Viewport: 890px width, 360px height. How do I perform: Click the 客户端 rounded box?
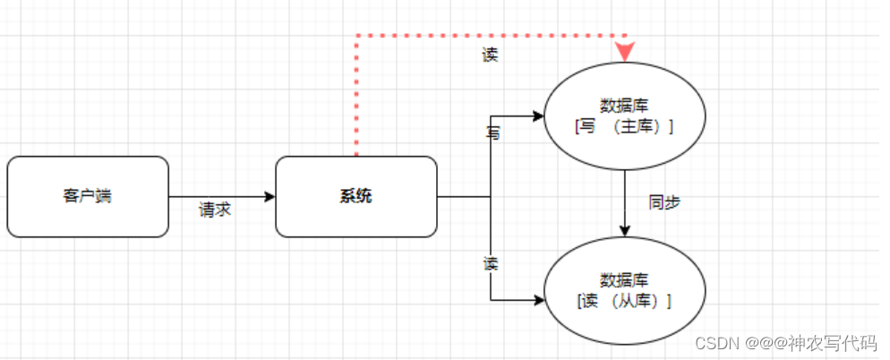(x=88, y=196)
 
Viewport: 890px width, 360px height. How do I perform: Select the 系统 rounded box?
(x=355, y=196)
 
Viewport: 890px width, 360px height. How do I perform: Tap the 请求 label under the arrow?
(x=215, y=210)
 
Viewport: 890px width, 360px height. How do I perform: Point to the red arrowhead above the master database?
(x=624, y=52)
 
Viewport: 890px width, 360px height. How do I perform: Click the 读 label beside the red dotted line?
(x=490, y=55)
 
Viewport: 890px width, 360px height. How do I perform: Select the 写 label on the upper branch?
(x=492, y=133)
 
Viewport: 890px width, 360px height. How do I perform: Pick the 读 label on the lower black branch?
(x=491, y=264)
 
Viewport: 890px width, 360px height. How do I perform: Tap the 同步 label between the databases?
(x=664, y=202)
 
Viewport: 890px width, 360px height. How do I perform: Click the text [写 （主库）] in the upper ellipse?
(x=624, y=127)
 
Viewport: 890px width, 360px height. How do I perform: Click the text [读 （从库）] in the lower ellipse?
(x=624, y=300)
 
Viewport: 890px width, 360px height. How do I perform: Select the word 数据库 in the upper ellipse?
(x=624, y=105)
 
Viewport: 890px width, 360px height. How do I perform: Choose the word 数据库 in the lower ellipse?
(x=624, y=279)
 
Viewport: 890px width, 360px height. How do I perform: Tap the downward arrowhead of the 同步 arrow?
(x=624, y=231)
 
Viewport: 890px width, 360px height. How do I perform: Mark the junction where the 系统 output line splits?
(x=491, y=196)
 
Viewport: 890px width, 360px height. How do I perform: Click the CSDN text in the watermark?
(x=715, y=343)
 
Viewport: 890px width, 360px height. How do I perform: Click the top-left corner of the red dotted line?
(x=356, y=36)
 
